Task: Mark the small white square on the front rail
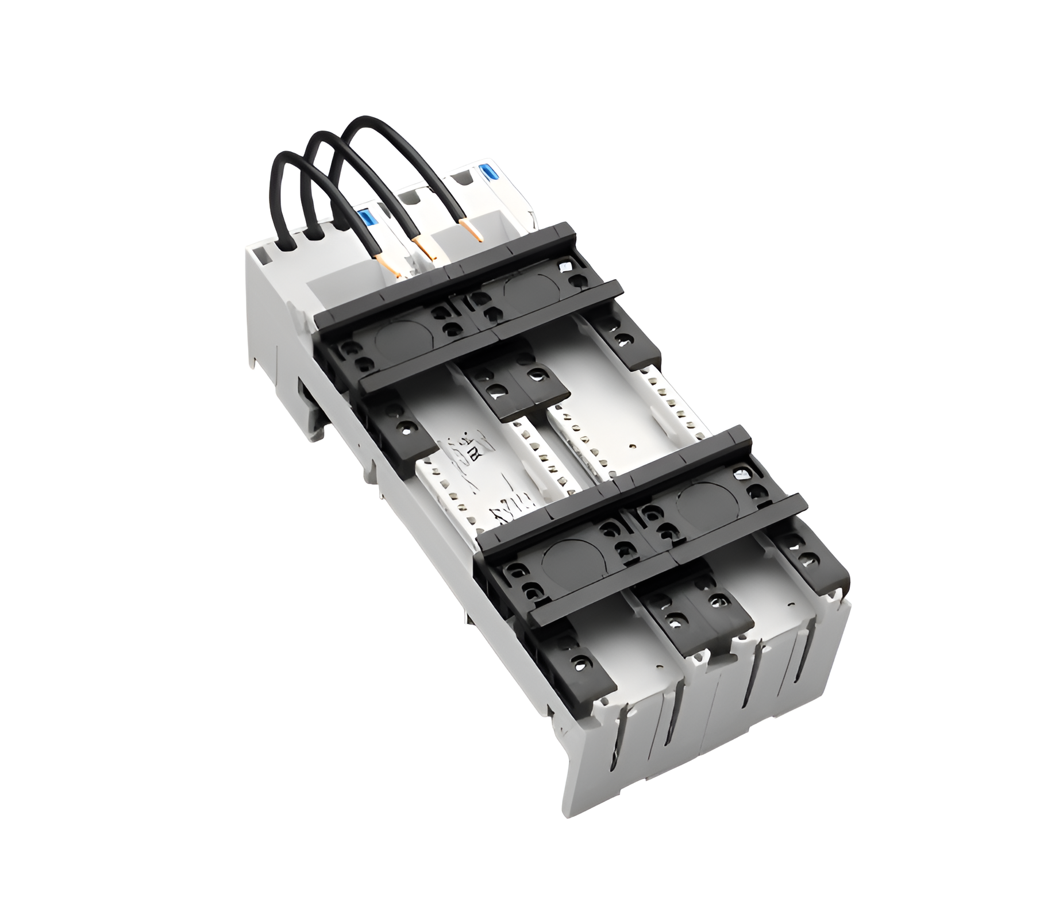pos(742,474)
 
